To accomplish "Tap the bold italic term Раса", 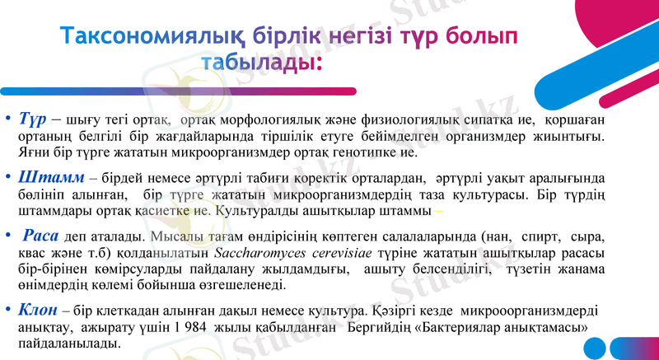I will [41, 235].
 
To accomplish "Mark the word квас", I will [33, 253].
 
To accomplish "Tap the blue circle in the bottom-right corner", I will [644, 348].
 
